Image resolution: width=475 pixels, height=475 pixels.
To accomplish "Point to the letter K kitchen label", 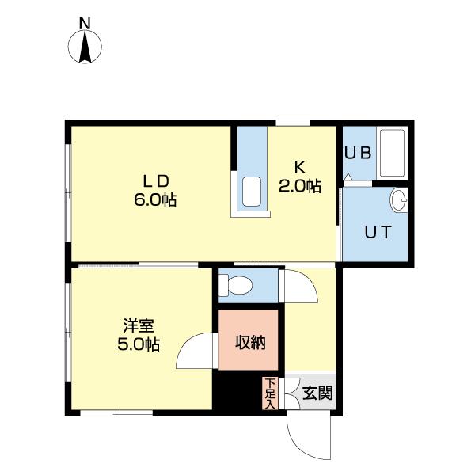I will [x=299, y=167].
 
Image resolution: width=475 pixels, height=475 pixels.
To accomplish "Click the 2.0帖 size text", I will [x=299, y=187].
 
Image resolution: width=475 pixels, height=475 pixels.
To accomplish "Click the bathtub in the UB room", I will [x=392, y=153].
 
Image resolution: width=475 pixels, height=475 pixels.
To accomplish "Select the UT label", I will [x=375, y=232].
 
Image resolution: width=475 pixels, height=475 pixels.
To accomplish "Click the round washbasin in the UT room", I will [x=399, y=200].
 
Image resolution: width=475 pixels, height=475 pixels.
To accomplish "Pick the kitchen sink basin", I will [x=253, y=192].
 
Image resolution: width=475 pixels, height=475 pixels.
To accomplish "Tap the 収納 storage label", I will [x=249, y=342].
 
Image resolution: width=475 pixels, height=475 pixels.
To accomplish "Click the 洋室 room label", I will [x=139, y=325].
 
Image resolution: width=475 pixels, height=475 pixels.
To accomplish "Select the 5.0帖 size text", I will [x=139, y=345].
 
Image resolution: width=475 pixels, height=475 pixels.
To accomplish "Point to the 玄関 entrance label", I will [x=317, y=393].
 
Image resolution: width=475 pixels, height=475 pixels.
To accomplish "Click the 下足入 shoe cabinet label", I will [x=269, y=393].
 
